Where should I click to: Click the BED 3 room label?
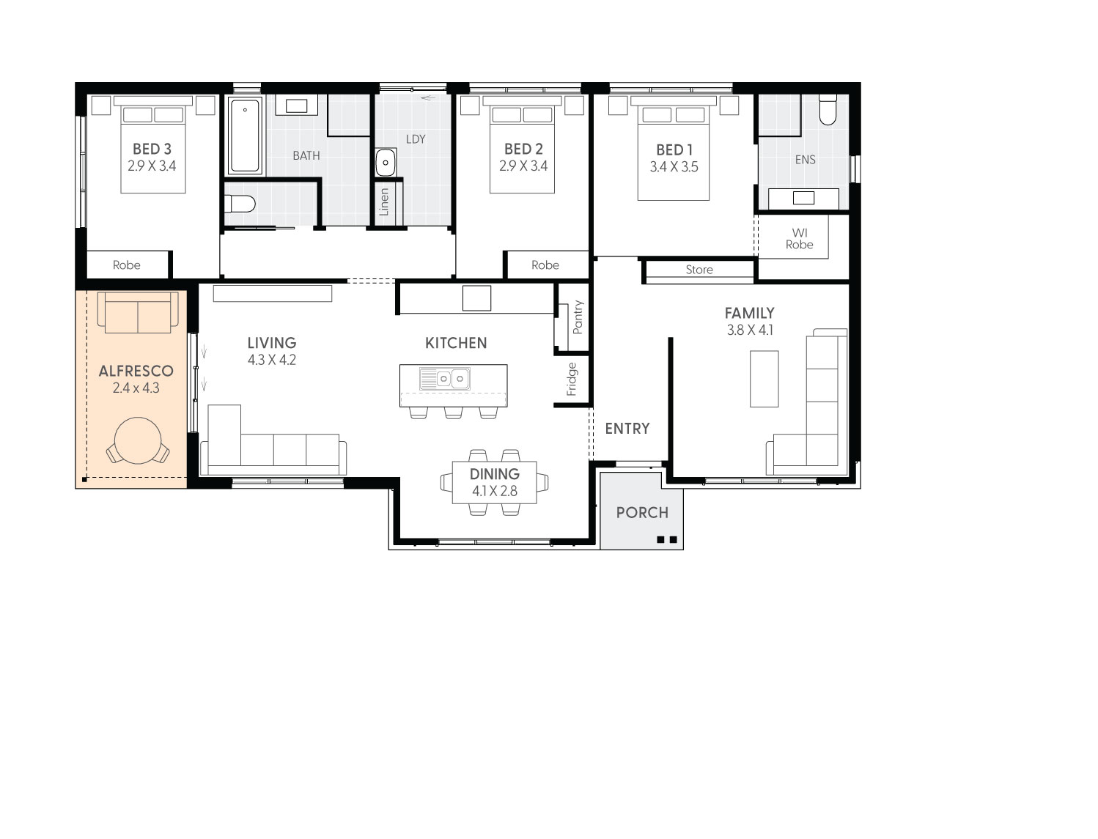(152, 149)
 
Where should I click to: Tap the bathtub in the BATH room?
(245, 135)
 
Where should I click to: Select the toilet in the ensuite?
(828, 109)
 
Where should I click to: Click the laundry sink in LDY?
(385, 162)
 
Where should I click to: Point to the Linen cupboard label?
(384, 202)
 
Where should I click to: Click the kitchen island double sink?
(444, 379)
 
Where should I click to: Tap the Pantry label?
(578, 317)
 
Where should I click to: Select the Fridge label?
(571, 380)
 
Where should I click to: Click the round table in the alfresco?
(138, 440)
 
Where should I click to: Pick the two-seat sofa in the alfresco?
(138, 312)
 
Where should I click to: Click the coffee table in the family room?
(764, 379)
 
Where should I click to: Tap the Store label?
(699, 270)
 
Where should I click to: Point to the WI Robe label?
(799, 238)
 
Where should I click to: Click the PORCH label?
(642, 512)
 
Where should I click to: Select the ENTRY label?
(627, 429)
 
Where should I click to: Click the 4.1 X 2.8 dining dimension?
(495, 491)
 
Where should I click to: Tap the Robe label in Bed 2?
(545, 265)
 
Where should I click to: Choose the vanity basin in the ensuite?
(803, 198)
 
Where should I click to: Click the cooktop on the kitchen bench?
(476, 298)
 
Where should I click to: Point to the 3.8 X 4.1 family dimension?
(750, 330)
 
